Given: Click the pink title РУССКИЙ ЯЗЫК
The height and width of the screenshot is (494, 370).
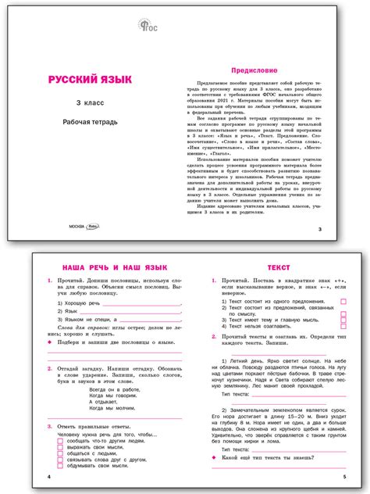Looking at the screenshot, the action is pos(91,80).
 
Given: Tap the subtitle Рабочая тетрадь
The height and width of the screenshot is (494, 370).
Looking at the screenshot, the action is pos(91,123).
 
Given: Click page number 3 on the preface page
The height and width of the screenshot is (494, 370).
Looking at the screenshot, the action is pos(320,228).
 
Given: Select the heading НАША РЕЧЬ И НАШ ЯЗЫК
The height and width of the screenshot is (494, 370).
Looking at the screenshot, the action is pos(107,267).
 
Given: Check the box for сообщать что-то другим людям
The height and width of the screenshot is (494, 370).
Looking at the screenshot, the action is pos(60,442).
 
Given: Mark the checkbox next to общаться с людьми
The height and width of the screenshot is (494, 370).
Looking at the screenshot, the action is pos(60,454).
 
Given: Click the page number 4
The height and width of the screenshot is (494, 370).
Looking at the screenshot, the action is pos(48,476).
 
